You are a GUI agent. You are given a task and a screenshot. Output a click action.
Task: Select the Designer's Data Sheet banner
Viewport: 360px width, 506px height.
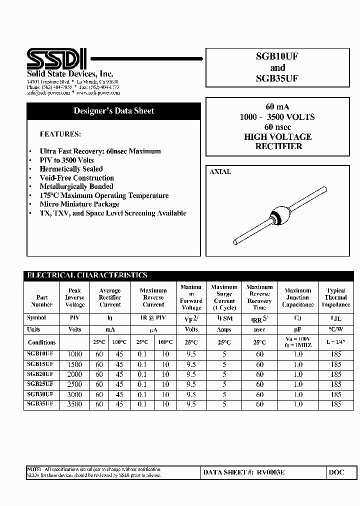pyautogui.click(x=114, y=111)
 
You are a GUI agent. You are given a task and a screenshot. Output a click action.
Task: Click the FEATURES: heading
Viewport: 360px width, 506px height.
pyautogui.click(x=60, y=134)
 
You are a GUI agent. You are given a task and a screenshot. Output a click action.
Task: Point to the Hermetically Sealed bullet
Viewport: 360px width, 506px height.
pyautogui.click(x=71, y=169)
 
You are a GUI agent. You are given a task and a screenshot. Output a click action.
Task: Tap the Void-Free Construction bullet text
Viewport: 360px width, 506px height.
pyautogui.click(x=77, y=178)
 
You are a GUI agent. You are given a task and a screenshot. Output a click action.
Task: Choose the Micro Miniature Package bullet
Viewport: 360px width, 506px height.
pyautogui.click(x=79, y=204)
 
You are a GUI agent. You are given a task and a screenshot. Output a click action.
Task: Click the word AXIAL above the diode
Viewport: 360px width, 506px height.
pyautogui.click(x=220, y=171)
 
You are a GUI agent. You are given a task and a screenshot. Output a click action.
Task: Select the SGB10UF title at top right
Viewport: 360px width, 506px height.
pyautogui.click(x=277, y=57)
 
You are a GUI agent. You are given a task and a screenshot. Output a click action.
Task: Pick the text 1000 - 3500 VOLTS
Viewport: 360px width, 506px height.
pyautogui.click(x=277, y=117)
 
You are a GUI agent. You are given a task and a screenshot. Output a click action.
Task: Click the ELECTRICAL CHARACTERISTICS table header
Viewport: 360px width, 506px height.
pyautogui.click(x=87, y=275)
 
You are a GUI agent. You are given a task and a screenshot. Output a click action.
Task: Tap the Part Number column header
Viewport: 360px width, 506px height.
pyautogui.click(x=41, y=301)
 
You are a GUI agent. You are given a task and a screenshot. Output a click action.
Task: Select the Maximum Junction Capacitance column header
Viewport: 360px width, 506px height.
pyautogui.click(x=297, y=297)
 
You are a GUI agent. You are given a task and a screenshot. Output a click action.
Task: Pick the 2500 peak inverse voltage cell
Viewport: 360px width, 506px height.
pyautogui.click(x=74, y=384)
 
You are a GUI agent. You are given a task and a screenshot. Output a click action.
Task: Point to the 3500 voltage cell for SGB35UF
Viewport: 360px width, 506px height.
pyautogui.click(x=74, y=404)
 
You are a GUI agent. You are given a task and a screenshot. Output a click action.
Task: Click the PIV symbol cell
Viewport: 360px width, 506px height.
pyautogui.click(x=74, y=318)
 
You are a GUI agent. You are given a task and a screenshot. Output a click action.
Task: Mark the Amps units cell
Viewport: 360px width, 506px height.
pyautogui.click(x=224, y=329)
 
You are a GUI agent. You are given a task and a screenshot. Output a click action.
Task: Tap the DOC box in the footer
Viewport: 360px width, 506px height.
pyautogui.click(x=336, y=472)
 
